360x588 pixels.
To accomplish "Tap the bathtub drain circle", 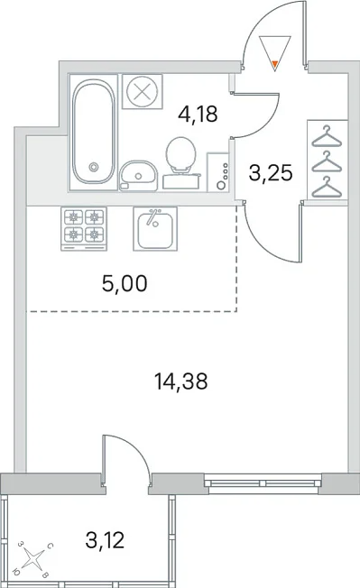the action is [x=93, y=166].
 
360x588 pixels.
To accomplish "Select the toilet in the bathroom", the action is [x=180, y=162].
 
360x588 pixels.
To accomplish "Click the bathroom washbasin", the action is [x=138, y=175].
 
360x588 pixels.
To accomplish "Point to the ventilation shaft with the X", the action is [x=143, y=91].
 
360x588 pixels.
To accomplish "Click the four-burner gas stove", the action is [x=84, y=229].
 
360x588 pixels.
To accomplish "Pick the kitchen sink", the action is [x=155, y=228].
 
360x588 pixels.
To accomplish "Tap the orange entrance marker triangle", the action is [x=275, y=65].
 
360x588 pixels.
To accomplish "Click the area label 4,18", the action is [x=198, y=114].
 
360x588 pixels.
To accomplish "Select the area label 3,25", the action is [x=271, y=173].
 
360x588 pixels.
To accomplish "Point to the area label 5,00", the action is [x=125, y=283].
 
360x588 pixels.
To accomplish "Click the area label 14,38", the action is [x=181, y=381].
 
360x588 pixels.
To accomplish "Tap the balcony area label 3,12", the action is [x=105, y=540].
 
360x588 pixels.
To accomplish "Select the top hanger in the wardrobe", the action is [x=327, y=136].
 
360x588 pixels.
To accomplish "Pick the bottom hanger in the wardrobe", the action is [x=327, y=187].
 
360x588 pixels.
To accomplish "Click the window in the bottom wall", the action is [x=263, y=482].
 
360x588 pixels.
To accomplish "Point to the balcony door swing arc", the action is [x=135, y=446].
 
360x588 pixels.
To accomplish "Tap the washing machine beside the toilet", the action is [x=217, y=171].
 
